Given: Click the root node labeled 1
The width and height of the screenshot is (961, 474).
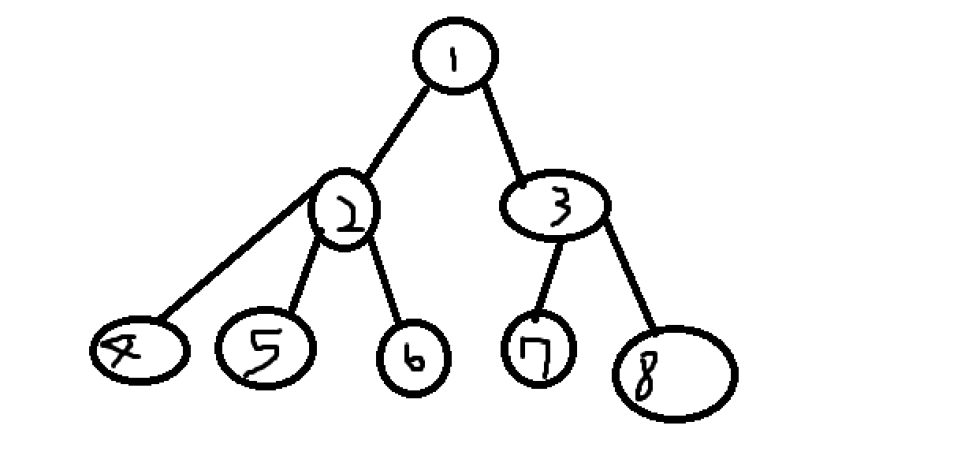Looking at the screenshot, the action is [456, 55].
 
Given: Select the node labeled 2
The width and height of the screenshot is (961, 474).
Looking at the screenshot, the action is [345, 209].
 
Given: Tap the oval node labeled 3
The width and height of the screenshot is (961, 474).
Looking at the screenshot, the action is [555, 205].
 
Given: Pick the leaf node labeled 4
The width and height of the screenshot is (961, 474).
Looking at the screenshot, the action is [139, 351].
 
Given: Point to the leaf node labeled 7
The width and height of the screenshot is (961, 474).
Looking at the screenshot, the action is [538, 349].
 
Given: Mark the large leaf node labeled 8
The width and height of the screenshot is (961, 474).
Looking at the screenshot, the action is [675, 375].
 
